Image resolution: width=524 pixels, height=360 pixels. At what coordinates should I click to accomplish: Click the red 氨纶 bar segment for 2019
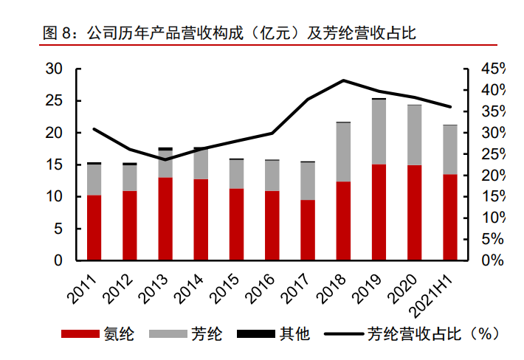[379, 212]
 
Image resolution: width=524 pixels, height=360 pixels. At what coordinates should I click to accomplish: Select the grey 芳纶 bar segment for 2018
[343, 152]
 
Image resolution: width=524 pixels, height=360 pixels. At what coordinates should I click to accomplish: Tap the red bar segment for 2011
[94, 228]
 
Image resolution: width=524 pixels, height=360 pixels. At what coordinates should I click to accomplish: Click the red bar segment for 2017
[308, 230]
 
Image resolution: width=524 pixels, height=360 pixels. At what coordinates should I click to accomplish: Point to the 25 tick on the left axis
[53, 101]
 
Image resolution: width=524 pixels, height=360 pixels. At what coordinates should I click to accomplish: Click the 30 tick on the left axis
[53, 69]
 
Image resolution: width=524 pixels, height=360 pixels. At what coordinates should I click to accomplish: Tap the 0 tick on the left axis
[58, 261]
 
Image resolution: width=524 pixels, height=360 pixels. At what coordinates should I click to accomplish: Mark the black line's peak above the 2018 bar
[343, 80]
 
